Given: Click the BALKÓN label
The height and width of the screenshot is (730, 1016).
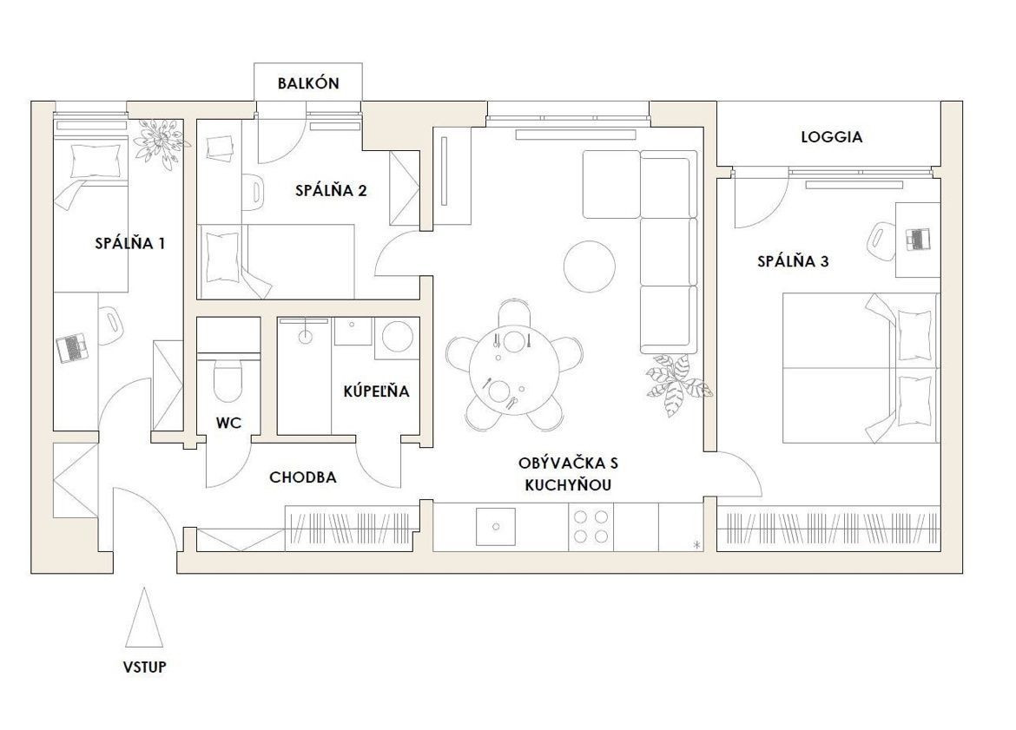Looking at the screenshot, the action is (x=308, y=83).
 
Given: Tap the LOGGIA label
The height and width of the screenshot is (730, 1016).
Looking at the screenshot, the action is (x=831, y=137).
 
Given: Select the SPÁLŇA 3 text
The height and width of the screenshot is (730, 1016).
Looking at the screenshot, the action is (x=793, y=261).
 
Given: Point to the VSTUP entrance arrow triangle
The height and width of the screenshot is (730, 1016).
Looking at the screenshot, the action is (x=144, y=616).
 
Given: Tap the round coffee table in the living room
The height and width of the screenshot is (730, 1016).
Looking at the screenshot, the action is (x=590, y=266).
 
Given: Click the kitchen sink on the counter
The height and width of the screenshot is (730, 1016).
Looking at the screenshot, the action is (x=496, y=527).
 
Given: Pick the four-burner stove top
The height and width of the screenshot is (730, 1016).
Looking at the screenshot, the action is (x=591, y=527).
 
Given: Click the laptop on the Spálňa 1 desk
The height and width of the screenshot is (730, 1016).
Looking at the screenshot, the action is (x=71, y=349).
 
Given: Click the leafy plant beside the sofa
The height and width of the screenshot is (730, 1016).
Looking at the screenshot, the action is (x=677, y=385).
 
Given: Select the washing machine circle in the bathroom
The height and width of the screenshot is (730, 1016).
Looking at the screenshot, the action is (x=398, y=336).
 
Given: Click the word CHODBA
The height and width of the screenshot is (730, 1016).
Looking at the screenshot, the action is (x=302, y=478).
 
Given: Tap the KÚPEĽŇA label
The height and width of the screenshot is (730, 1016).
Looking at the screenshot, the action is (x=377, y=391).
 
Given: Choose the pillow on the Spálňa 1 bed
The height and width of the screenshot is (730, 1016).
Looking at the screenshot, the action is (x=96, y=160).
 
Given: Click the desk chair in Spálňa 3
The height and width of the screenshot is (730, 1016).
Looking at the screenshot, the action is (x=881, y=240).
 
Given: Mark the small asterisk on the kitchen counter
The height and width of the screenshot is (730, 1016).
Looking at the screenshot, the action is (x=696, y=545).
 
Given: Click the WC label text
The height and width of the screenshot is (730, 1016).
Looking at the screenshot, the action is (x=228, y=424).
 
